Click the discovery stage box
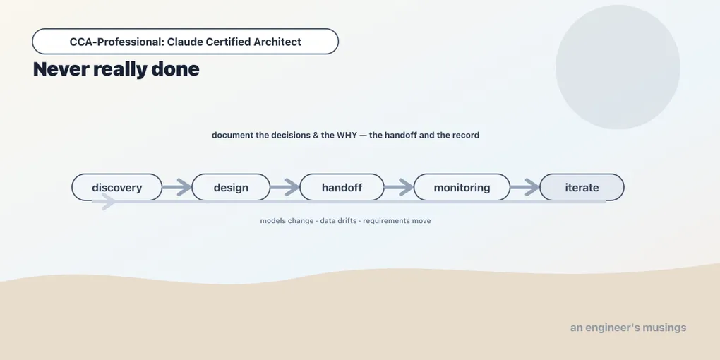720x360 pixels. click(x=117, y=187)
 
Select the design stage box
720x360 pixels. click(x=231, y=187)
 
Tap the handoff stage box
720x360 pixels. click(x=342, y=187)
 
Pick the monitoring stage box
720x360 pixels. click(x=462, y=187)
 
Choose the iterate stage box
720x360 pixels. click(x=582, y=187)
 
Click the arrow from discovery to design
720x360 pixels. click(x=177, y=187)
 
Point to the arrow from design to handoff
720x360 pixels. click(x=285, y=187)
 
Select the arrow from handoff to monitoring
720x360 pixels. click(x=399, y=187)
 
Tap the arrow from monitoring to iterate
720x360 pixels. click(x=525, y=187)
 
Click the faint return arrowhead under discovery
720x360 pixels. click(x=109, y=202)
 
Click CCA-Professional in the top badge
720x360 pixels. click(x=116, y=42)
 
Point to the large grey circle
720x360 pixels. click(x=618, y=67)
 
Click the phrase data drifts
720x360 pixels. click(x=338, y=221)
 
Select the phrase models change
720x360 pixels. click(x=287, y=221)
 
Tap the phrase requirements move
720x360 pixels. click(x=397, y=221)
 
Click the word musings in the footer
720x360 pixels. click(x=664, y=328)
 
